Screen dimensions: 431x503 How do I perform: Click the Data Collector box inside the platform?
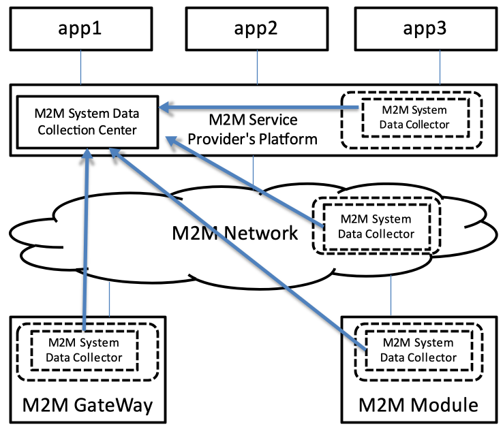click(x=414, y=117)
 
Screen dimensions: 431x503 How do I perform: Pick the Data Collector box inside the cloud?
click(x=376, y=226)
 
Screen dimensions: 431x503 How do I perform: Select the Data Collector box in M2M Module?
click(x=417, y=350)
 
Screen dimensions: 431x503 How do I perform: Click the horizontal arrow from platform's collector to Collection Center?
click(x=252, y=106)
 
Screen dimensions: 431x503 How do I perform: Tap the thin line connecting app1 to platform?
click(x=81, y=68)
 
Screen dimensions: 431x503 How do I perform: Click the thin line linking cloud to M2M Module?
click(x=391, y=293)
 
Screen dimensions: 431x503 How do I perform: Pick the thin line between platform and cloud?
click(x=254, y=171)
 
